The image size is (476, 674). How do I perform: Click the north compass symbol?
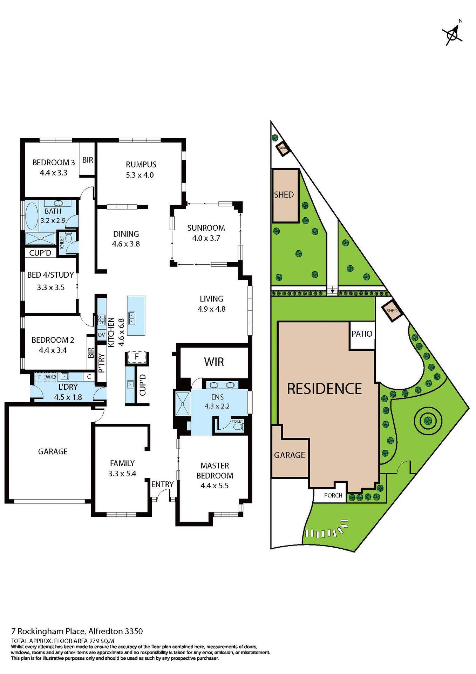click(453, 34)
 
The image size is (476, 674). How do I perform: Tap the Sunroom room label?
click(206, 228)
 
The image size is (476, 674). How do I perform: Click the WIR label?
click(214, 362)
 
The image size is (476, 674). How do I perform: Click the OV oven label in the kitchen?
click(101, 335)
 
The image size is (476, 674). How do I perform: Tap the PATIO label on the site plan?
click(362, 334)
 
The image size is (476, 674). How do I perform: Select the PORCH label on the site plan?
click(333, 495)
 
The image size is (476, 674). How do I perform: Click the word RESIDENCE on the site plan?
click(324, 389)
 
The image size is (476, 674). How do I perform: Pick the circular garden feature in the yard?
click(427, 420)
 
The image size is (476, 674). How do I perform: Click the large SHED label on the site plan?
click(284, 195)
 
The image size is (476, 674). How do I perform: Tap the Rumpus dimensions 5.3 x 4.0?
click(140, 175)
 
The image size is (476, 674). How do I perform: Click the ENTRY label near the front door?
click(162, 484)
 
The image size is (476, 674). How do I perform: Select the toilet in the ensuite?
click(238, 427)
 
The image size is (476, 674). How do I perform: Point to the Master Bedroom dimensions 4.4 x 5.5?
click(215, 486)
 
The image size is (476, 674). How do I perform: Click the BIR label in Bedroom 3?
click(88, 160)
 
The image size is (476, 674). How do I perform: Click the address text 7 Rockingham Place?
click(48, 631)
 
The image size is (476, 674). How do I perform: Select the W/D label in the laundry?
click(51, 377)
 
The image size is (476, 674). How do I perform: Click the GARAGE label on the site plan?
click(290, 455)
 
